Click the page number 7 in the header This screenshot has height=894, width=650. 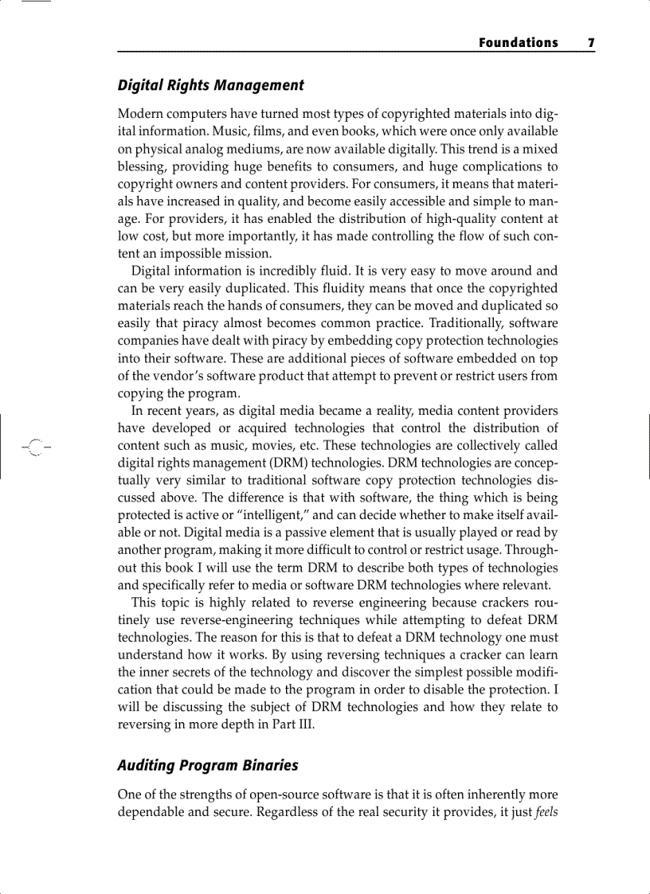coord(591,43)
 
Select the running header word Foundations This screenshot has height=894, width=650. coord(518,43)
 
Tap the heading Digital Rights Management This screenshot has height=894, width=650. coord(210,85)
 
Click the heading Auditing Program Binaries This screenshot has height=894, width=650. coord(207,765)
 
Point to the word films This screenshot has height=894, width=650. coord(290,131)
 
